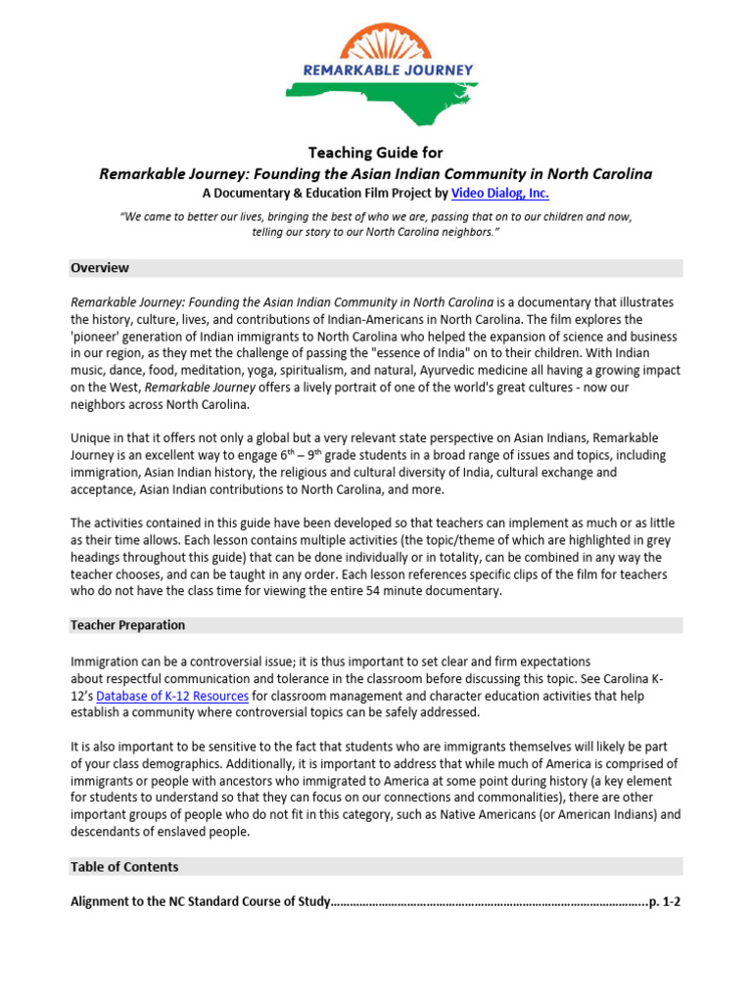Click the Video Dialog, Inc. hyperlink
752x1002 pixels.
click(x=499, y=194)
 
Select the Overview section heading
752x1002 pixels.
click(x=99, y=268)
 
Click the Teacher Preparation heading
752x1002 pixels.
click(x=127, y=625)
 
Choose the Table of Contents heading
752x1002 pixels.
click(x=124, y=867)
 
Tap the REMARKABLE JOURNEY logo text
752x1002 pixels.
click(x=376, y=70)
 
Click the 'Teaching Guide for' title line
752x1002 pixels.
click(x=376, y=153)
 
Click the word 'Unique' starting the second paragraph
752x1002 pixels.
click(x=91, y=438)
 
